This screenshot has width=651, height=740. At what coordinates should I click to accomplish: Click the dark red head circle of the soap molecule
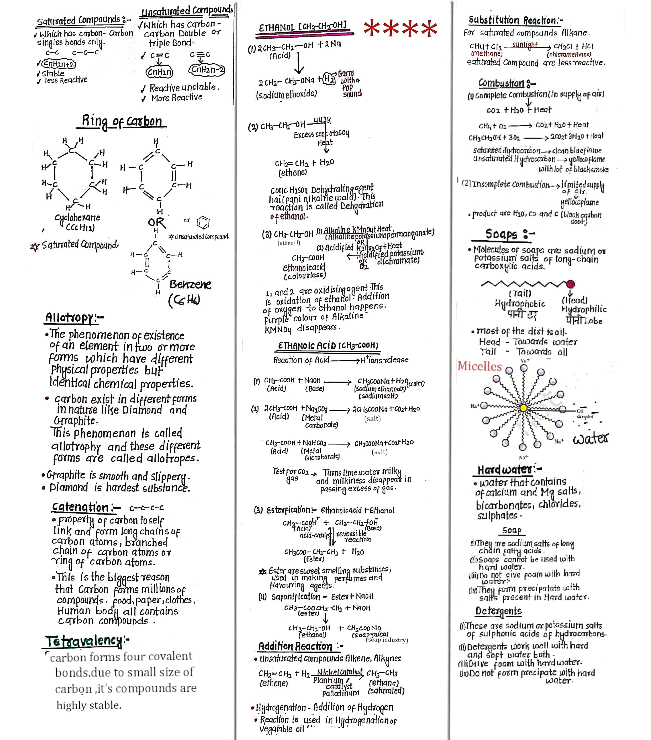[570, 284]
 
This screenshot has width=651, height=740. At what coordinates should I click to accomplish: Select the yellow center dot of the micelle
[523, 408]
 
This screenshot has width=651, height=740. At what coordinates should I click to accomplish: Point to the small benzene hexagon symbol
[203, 222]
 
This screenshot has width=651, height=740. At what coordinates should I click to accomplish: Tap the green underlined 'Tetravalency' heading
[84, 641]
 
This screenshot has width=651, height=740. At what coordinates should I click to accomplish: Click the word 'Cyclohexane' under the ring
[77, 218]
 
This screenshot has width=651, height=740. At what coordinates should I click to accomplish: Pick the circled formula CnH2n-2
[207, 70]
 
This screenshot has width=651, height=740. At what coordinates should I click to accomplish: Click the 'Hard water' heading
[505, 470]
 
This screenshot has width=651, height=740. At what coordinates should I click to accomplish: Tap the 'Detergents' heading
[498, 611]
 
